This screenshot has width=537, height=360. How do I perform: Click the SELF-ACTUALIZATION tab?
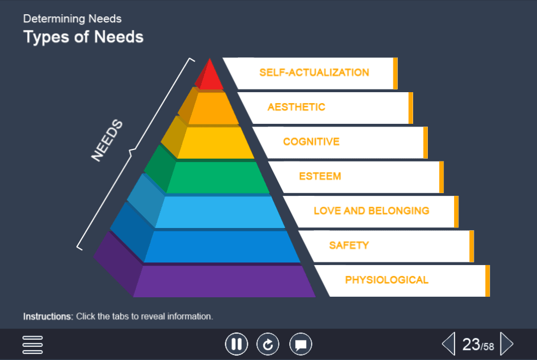[x=314, y=73]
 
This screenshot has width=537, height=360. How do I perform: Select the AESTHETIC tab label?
[x=296, y=107]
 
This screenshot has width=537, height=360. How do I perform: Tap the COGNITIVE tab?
[x=311, y=142]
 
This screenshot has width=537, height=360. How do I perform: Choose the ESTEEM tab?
[x=320, y=176]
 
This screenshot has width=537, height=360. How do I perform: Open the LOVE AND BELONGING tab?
[x=371, y=211]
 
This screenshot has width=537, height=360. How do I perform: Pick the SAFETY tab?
[x=349, y=245]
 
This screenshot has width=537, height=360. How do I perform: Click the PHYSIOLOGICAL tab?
[x=386, y=280]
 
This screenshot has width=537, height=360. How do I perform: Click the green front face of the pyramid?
[x=218, y=178]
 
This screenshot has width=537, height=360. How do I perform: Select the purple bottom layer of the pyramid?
[x=224, y=281]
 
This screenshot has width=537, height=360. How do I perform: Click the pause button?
[x=236, y=344]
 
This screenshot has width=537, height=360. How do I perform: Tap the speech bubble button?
[x=301, y=344]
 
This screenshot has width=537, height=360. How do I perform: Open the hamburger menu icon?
[x=33, y=344]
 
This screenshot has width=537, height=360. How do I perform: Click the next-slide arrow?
[x=506, y=344]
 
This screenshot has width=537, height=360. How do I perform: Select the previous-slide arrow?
[x=448, y=344]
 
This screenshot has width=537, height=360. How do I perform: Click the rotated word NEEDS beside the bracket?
[x=107, y=141]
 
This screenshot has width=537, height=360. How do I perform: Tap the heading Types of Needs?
[x=83, y=37]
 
